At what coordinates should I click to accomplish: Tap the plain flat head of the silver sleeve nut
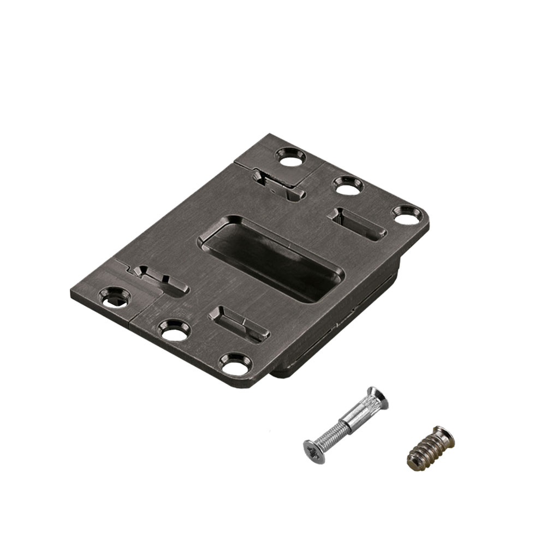coord(378,398)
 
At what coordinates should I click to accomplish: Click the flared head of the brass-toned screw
coord(444,437)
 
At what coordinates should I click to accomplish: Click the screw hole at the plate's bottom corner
coord(234,363)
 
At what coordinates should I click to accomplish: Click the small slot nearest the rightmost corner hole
coord(358,223)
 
